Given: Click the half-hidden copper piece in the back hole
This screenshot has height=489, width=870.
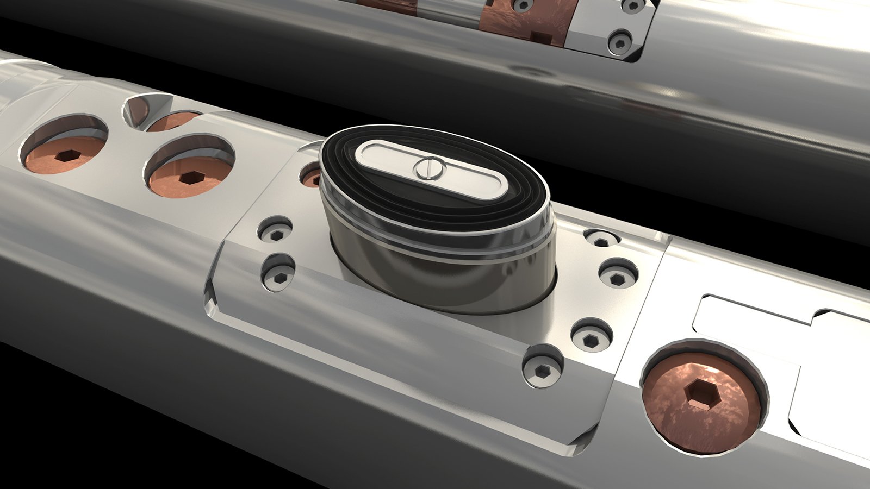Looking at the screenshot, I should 171,121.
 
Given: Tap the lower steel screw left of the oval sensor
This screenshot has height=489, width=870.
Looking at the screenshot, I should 279,278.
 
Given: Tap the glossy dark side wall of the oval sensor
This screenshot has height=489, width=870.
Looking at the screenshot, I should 435,272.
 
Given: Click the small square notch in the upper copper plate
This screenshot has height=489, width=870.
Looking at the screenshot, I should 539,37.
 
